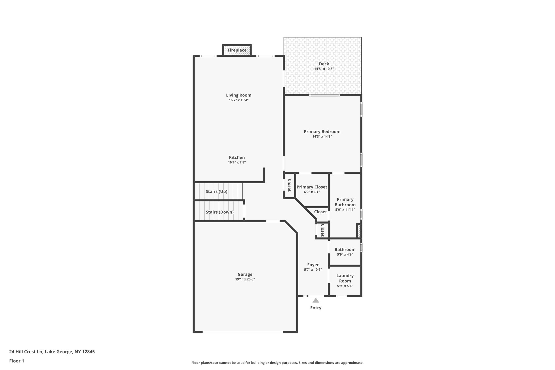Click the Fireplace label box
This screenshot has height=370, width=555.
[237, 50]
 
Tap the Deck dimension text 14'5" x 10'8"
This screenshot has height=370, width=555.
[324, 69]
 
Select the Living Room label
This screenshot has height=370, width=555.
[238, 95]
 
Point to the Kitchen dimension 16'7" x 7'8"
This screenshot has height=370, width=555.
[237, 162]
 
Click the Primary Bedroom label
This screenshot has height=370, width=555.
[322, 131]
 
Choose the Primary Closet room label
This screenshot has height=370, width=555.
[312, 187]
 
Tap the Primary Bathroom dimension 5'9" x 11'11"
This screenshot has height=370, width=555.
[345, 210]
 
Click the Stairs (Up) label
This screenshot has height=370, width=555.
[216, 191]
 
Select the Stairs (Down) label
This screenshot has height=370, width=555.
[220, 212]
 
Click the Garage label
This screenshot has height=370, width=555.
[245, 274]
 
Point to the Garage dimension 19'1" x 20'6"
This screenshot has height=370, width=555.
[245, 279]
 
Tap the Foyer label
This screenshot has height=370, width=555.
[313, 265]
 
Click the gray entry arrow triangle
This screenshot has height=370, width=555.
[316, 300]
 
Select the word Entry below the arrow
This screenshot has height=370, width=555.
[316, 308]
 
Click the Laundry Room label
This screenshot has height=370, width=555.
[345, 278]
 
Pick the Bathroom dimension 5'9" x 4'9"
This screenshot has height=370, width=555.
[345, 255]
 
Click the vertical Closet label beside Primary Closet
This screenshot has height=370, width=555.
[289, 185]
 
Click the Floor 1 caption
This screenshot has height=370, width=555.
[17, 361]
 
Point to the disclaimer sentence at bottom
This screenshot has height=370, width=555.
[277, 363]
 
